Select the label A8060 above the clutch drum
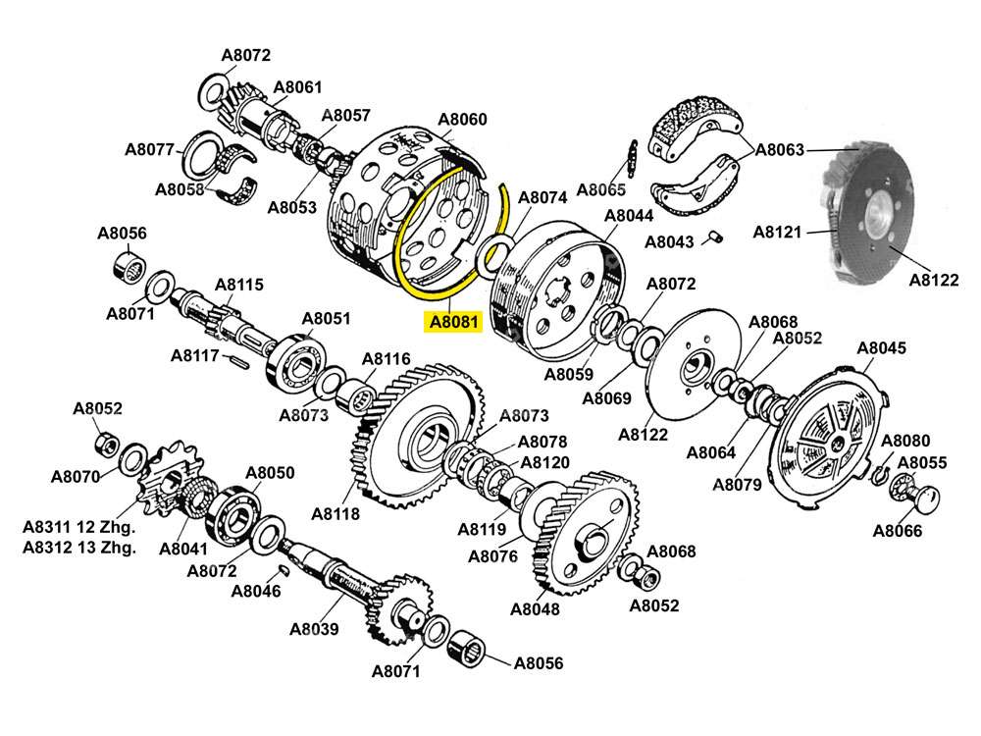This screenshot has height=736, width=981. [x=461, y=120]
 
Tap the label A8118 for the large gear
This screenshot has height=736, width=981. [x=336, y=513]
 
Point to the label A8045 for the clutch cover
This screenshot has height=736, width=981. [x=881, y=347]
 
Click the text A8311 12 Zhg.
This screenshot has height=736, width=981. [x=79, y=527]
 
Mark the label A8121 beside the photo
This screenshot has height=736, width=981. [x=778, y=232]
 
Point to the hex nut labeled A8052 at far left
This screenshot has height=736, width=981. [x=106, y=443]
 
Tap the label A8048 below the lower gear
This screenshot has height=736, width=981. [x=535, y=608]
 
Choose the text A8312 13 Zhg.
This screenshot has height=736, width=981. [x=79, y=548]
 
